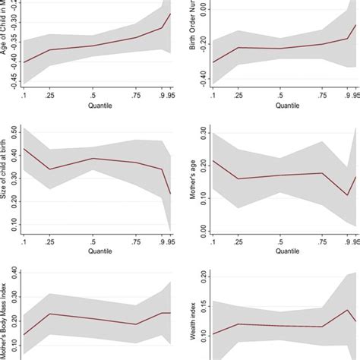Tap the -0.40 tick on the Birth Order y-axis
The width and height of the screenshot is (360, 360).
tap(204, 76)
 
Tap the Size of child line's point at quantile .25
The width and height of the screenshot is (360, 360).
tap(49, 169)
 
